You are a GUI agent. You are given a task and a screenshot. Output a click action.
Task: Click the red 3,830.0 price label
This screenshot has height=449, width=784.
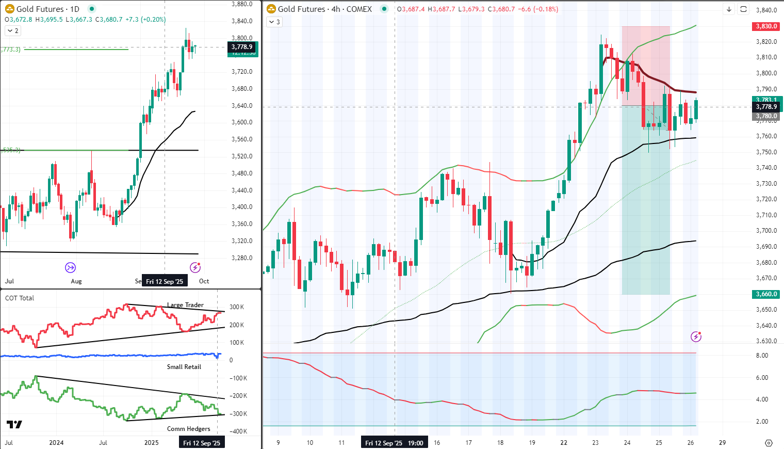click(766, 26)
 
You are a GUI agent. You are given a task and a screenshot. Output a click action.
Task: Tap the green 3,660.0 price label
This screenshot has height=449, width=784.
click(766, 294)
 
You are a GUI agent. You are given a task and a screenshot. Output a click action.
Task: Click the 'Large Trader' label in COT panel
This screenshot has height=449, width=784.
click(185, 305)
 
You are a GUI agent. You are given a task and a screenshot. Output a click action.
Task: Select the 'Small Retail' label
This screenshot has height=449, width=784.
click(184, 367)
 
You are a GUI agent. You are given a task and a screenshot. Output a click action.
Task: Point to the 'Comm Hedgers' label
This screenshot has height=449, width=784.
click(189, 429)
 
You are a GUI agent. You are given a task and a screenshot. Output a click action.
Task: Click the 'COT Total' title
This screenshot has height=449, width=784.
click(20, 298)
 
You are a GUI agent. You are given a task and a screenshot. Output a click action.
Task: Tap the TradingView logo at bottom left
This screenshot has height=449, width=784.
click(14, 424)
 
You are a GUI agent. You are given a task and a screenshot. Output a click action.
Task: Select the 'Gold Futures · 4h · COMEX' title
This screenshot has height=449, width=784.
click(324, 9)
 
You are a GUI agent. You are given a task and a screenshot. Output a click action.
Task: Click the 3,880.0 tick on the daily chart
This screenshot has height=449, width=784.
click(242, 4)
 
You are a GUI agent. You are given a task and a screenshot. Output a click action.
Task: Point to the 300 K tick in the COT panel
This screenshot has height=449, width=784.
click(237, 307)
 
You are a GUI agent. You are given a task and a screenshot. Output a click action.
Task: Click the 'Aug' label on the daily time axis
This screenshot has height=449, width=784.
click(76, 281)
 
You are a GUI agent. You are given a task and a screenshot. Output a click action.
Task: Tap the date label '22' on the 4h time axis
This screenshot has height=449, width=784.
click(564, 443)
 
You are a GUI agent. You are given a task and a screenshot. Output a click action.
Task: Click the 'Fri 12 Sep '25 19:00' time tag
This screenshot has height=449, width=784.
click(394, 443)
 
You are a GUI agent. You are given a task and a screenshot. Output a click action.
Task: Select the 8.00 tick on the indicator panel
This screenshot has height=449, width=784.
click(762, 356)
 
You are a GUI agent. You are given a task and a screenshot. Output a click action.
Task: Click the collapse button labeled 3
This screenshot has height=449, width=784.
click(274, 22)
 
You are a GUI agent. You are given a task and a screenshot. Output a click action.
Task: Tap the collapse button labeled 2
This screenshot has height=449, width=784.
click(13, 31)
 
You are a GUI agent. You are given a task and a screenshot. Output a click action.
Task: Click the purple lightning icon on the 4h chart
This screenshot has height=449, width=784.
click(696, 337)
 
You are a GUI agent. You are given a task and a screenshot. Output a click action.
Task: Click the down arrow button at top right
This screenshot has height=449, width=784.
click(729, 9)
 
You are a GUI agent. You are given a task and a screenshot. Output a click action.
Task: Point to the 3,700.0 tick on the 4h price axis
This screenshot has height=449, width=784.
click(766, 231)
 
